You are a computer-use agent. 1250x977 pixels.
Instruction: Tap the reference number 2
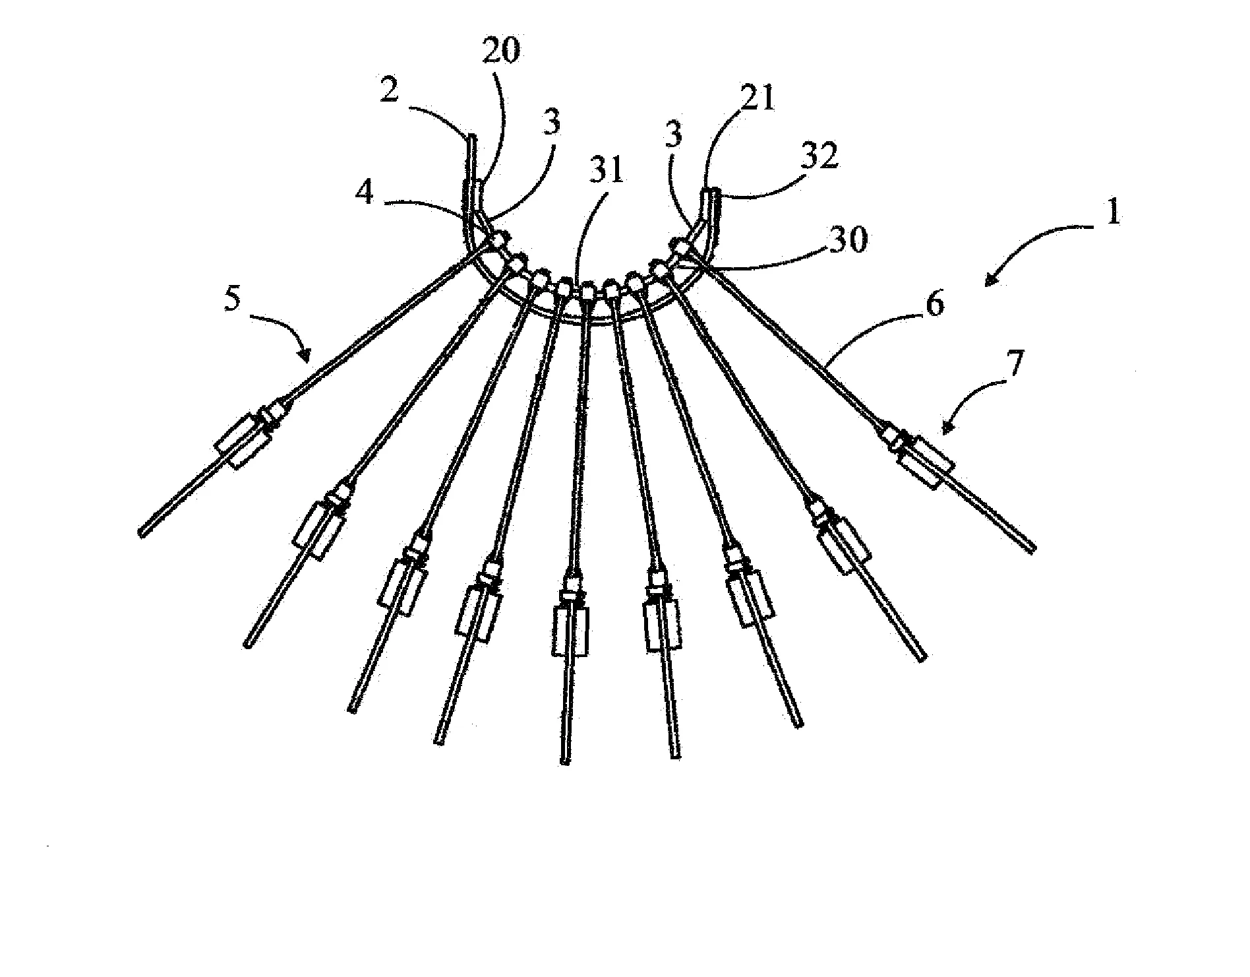point(388,90)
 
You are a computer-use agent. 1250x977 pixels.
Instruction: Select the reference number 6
point(935,303)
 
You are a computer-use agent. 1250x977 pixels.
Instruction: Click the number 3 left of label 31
point(552,122)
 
